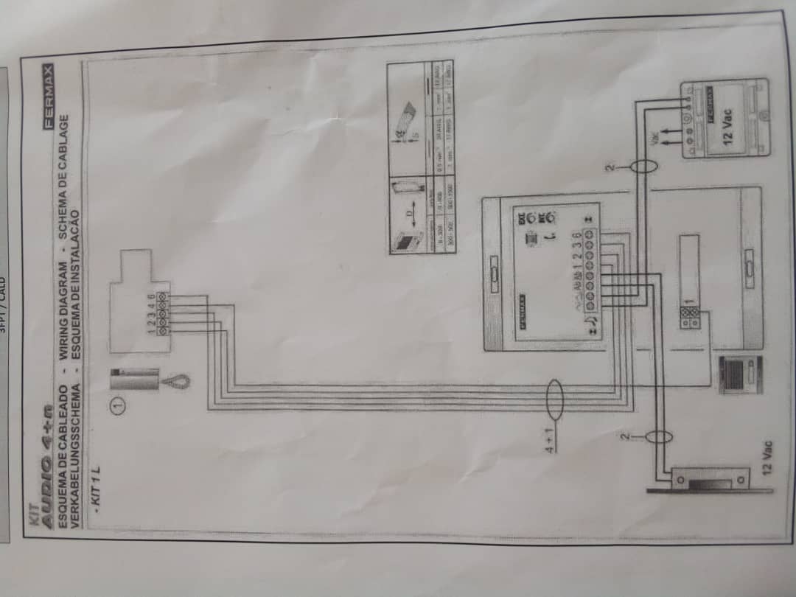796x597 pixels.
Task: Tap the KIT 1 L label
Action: [x=95, y=486]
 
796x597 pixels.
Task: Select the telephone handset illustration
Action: [x=140, y=381]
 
